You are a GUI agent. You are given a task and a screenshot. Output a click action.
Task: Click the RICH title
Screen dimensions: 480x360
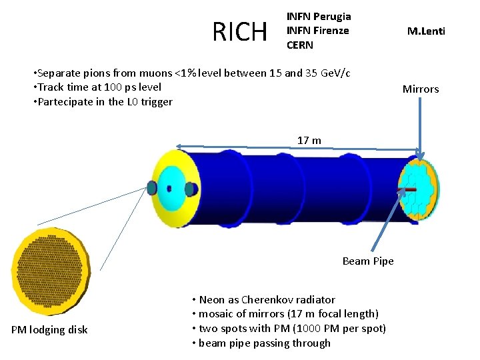click(239, 31)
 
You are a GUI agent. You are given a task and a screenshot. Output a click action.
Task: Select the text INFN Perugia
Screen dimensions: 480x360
click(318, 16)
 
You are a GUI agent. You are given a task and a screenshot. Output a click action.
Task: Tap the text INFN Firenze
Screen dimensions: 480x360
click(317, 31)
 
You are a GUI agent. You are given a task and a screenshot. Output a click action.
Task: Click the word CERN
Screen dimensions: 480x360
click(300, 45)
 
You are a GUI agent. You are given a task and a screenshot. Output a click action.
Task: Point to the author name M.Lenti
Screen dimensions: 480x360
click(426, 31)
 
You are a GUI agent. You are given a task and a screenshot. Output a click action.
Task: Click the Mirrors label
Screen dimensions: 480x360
click(420, 89)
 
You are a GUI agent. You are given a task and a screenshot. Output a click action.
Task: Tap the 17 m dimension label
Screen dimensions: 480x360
click(309, 140)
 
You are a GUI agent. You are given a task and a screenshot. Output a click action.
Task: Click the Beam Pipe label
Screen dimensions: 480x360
click(367, 261)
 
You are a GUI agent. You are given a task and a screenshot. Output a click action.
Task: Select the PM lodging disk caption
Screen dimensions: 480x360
click(49, 329)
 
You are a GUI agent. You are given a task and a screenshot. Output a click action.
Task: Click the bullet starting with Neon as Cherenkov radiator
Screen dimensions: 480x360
click(263, 299)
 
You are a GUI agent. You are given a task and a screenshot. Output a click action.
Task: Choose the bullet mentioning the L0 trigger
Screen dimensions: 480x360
click(102, 102)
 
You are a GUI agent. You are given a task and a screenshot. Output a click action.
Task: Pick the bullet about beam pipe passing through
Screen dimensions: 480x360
click(261, 343)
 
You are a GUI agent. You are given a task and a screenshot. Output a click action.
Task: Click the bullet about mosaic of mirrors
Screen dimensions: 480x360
click(285, 314)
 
